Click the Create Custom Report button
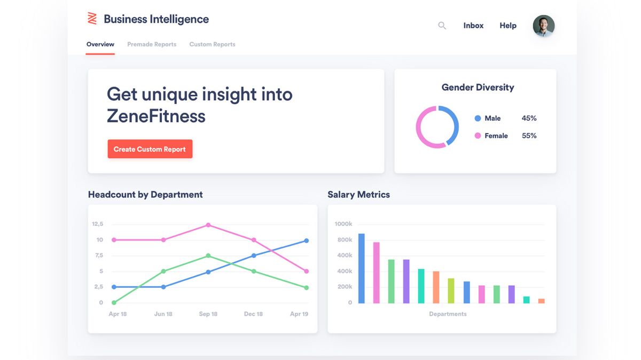coord(150,149)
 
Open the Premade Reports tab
coord(152,44)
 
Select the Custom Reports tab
coord(212,44)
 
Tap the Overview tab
coord(100,44)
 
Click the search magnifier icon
coord(442,26)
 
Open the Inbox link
coord(473,26)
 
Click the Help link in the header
coord(508,26)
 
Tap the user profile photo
coord(544,26)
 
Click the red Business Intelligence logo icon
coord(92,19)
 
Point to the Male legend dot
coord(478,118)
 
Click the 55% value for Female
coord(529,136)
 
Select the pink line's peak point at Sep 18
coord(208,225)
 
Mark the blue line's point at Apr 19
coord(306,241)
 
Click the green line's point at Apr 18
coord(114,303)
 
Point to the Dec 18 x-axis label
coord(253,314)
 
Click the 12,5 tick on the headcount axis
coord(98,224)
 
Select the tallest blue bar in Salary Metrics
coord(362,268)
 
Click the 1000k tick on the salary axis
coord(343,224)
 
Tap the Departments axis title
coord(448,314)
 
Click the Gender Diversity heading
coord(478,88)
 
